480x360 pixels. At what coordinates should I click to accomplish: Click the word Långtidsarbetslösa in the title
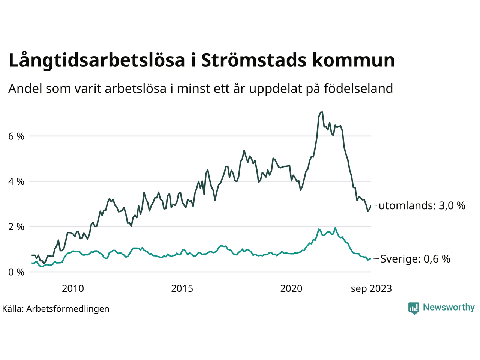pyautogui.click(x=97, y=61)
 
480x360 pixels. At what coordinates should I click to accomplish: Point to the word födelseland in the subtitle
pyautogui.click(x=358, y=88)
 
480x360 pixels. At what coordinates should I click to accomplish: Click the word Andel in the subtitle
pyautogui.click(x=25, y=88)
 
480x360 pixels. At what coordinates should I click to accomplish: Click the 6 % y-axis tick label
pyautogui.click(x=16, y=136)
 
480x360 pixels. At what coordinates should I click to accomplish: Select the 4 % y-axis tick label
pyautogui.click(x=16, y=181)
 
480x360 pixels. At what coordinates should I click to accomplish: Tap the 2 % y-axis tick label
pyautogui.click(x=16, y=227)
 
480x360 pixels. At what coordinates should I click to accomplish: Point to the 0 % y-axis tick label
pyautogui.click(x=16, y=272)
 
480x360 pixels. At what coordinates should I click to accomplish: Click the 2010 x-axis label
pyautogui.click(x=73, y=288)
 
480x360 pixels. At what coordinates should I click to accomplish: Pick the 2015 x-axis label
pyautogui.click(x=182, y=288)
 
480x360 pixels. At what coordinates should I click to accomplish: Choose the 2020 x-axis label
pyautogui.click(x=291, y=288)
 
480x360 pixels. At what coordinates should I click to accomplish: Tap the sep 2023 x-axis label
pyautogui.click(x=371, y=288)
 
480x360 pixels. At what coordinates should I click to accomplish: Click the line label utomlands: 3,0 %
pyautogui.click(x=422, y=205)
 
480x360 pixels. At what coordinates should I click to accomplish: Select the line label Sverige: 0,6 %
pyautogui.click(x=415, y=259)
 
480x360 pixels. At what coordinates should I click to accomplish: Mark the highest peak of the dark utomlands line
pyautogui.click(x=321, y=112)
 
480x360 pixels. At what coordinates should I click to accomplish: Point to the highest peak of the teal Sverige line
pyautogui.click(x=335, y=228)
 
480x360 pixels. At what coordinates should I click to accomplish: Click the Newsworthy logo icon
pyautogui.click(x=414, y=308)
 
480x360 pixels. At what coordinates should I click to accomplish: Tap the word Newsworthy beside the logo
pyautogui.click(x=448, y=307)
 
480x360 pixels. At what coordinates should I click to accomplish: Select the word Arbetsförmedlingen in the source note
pyautogui.click(x=68, y=309)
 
